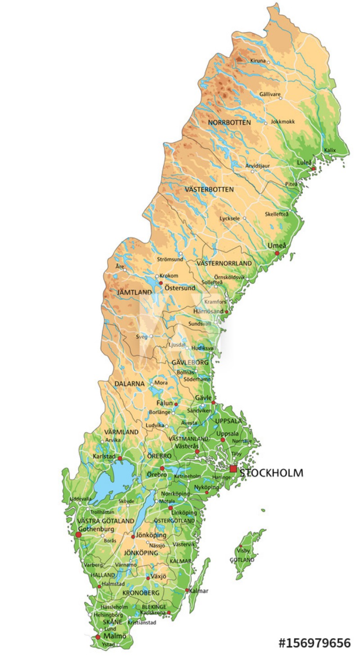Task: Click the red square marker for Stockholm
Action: point(233,469)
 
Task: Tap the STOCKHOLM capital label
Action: point(271,473)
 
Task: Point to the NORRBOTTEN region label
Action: point(229,122)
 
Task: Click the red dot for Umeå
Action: point(277,253)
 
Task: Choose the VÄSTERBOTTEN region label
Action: point(209,189)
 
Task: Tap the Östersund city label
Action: point(180,288)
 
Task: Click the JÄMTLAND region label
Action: point(135,293)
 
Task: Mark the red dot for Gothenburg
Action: point(78,535)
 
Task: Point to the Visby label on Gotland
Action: point(243,550)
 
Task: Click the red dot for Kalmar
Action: point(187,590)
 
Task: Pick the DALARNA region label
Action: point(129,384)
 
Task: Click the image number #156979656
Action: point(314,643)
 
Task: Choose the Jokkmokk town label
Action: point(283,122)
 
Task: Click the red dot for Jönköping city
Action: point(133,536)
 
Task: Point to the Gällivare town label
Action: point(270,95)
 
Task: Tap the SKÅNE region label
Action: point(112,622)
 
